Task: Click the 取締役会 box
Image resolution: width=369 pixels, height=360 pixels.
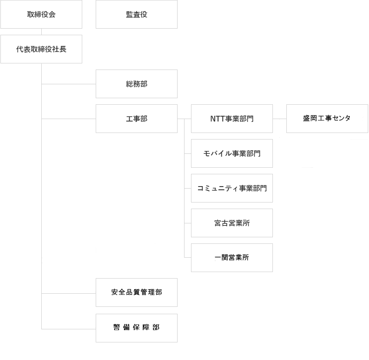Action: pyautogui.click(x=41, y=14)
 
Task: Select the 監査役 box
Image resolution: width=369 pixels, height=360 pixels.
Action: pyautogui.click(x=137, y=14)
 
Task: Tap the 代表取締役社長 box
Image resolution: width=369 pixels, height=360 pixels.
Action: pyautogui.click(x=41, y=49)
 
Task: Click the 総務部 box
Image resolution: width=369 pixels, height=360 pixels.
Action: pyautogui.click(x=137, y=84)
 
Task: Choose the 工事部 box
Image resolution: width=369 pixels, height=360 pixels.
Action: pyautogui.click(x=137, y=119)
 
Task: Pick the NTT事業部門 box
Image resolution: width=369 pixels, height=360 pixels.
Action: pyautogui.click(x=232, y=119)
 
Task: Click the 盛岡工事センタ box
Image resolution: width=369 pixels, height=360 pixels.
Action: pyautogui.click(x=327, y=119)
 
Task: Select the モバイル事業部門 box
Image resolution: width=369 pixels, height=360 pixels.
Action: pyautogui.click(x=232, y=153)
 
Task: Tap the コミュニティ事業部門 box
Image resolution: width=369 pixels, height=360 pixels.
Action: pyautogui.click(x=232, y=188)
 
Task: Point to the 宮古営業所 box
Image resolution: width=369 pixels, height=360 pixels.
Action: pyautogui.click(x=232, y=223)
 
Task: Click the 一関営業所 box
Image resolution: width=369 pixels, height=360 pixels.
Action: pyautogui.click(x=232, y=258)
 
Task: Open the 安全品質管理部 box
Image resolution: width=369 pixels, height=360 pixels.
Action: pyautogui.click(x=137, y=292)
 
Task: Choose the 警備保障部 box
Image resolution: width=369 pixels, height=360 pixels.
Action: pyautogui.click(x=137, y=328)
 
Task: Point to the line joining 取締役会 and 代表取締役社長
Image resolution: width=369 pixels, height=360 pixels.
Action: pyautogui.click(x=41, y=32)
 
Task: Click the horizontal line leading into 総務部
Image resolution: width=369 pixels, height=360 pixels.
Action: pyautogui.click(x=69, y=84)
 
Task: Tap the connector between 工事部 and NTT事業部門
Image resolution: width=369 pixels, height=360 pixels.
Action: pyautogui.click(x=184, y=119)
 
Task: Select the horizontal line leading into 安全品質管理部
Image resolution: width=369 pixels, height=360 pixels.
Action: pyautogui.click(x=69, y=293)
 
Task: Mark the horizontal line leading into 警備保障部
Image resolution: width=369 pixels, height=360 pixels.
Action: pyautogui.click(x=69, y=328)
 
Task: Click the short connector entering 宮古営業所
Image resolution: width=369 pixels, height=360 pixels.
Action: pyautogui.click(x=187, y=223)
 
